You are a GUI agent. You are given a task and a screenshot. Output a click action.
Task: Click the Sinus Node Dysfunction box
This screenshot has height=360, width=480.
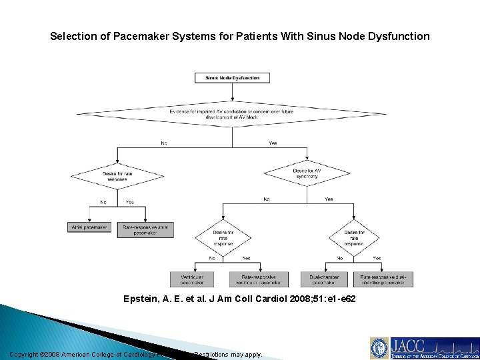point(232,77)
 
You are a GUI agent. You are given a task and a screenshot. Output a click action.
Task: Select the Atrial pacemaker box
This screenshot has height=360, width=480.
point(89,228)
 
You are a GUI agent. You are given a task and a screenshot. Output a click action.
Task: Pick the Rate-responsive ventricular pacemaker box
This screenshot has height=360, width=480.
point(259,279)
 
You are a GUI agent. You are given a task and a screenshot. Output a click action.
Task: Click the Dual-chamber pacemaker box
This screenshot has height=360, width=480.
point(325,279)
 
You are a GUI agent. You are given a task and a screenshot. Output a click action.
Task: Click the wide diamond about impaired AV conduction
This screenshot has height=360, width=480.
point(232,113)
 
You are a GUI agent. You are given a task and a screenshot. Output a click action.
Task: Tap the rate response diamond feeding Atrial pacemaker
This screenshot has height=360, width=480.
point(117,177)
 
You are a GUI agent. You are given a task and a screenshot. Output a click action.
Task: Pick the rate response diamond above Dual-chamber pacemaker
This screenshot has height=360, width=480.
point(353,238)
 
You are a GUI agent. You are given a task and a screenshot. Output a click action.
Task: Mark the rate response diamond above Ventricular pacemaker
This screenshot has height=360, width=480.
point(223,238)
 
